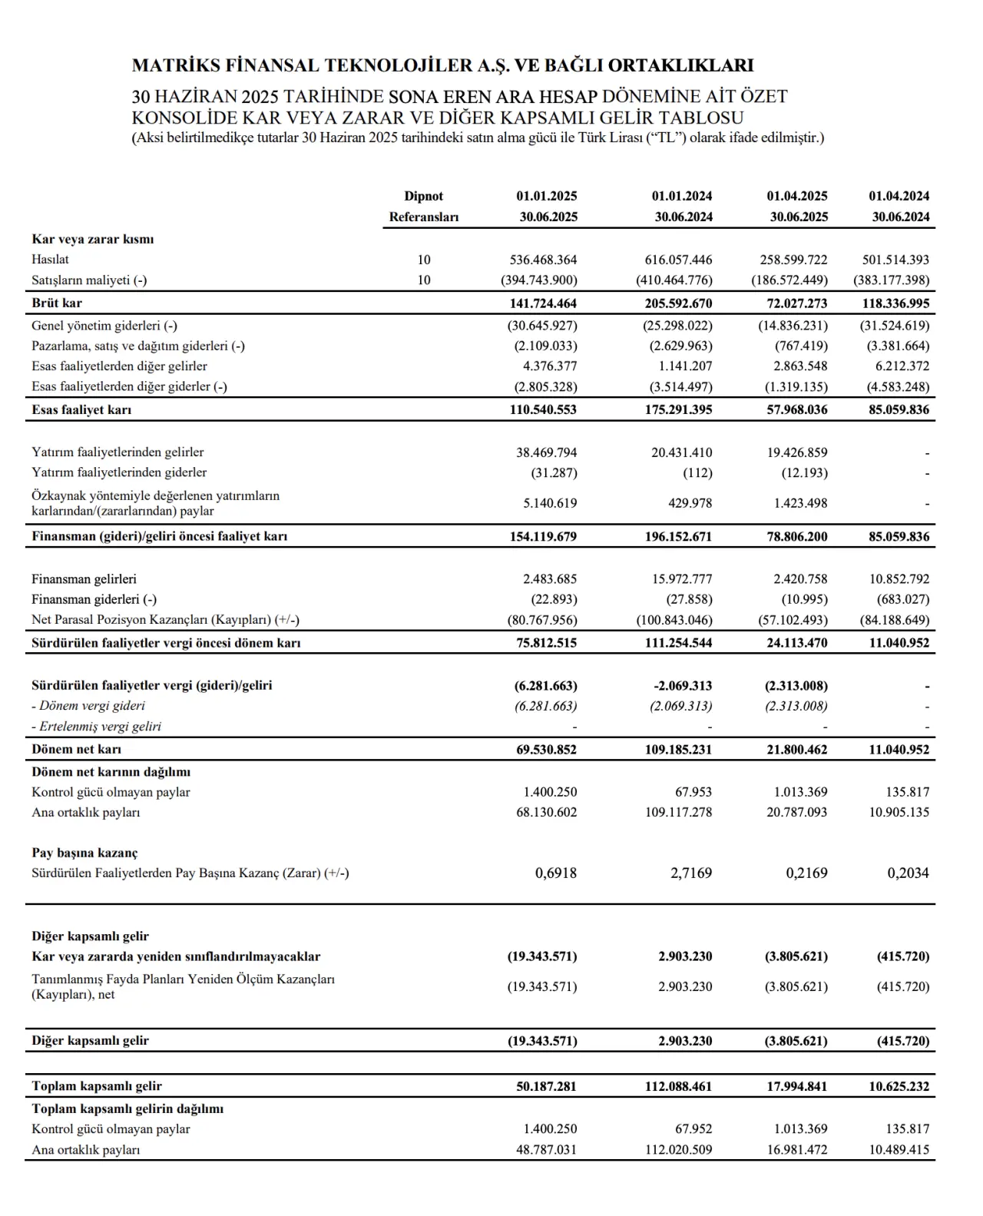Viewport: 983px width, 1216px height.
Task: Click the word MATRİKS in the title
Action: click(176, 65)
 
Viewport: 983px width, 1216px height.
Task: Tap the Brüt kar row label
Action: click(57, 303)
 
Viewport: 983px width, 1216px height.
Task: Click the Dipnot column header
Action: click(424, 196)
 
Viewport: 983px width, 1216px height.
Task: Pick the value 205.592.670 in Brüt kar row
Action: click(678, 303)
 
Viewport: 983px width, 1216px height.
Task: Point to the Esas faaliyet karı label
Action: click(81, 409)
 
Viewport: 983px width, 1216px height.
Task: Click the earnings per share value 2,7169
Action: click(691, 873)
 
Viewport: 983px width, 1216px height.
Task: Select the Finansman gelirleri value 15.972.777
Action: click(681, 578)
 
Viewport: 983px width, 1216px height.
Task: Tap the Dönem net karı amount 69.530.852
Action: click(546, 749)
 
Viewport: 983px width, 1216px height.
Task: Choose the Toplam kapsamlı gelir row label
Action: click(97, 1085)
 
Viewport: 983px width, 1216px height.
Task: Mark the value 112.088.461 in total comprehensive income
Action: click(678, 1086)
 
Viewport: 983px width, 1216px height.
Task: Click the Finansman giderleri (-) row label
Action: click(94, 599)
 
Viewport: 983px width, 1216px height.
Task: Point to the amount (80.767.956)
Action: click(542, 620)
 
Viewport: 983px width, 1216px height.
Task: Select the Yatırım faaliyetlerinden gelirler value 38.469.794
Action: click(546, 452)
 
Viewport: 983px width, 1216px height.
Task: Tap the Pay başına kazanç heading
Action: click(84, 853)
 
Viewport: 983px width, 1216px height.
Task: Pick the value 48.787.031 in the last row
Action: click(546, 1150)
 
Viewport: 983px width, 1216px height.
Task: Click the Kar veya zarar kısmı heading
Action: click(93, 239)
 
